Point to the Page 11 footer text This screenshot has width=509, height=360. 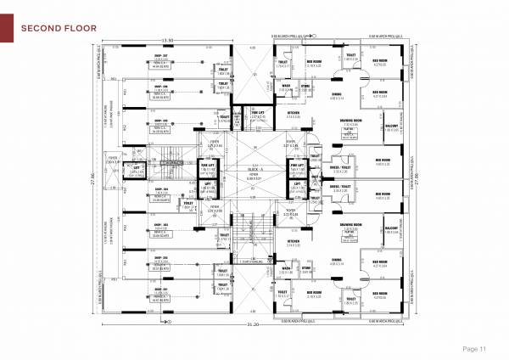473,349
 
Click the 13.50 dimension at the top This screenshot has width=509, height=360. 168,40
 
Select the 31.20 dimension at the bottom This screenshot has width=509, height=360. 252,324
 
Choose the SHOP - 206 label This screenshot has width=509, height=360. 159,86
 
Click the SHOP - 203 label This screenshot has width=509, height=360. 159,225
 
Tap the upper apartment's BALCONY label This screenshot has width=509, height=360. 391,125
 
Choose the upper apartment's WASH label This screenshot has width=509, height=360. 287,85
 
